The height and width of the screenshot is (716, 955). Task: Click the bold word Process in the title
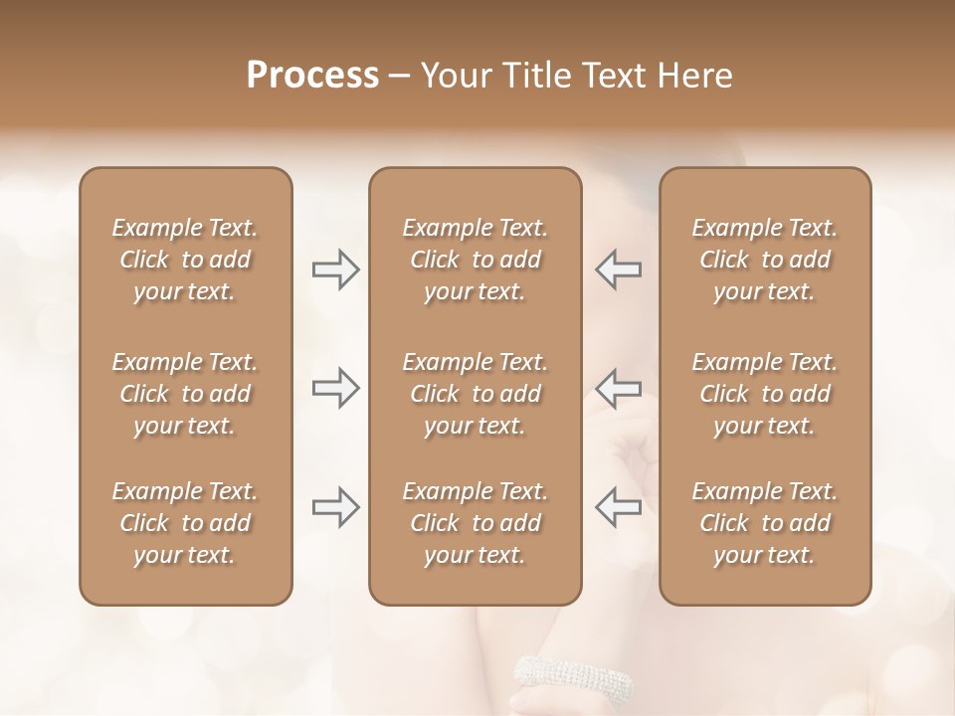[x=312, y=76]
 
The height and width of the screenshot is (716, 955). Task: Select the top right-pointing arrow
[x=336, y=269]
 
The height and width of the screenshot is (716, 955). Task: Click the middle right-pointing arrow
[x=336, y=388]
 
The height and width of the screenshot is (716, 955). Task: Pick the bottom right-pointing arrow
[x=336, y=507]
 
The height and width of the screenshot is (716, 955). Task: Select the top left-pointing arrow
[x=618, y=269]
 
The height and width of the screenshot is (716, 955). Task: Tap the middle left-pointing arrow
[x=618, y=388]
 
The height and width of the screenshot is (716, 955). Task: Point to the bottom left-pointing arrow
[x=618, y=507]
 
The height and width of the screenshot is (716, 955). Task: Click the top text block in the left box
[x=185, y=260]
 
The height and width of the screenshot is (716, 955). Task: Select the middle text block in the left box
[x=185, y=394]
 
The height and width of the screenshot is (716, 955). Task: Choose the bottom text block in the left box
[x=185, y=523]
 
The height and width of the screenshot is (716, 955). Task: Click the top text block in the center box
[x=475, y=260]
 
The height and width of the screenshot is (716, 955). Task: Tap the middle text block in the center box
[x=475, y=394]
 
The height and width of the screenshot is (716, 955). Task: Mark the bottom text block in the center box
[x=475, y=523]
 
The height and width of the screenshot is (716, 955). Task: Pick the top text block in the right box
[x=764, y=260]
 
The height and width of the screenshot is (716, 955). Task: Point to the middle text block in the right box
[x=764, y=394]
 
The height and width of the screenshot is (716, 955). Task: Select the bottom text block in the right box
[x=764, y=523]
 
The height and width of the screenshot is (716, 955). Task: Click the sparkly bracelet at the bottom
[x=573, y=681]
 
